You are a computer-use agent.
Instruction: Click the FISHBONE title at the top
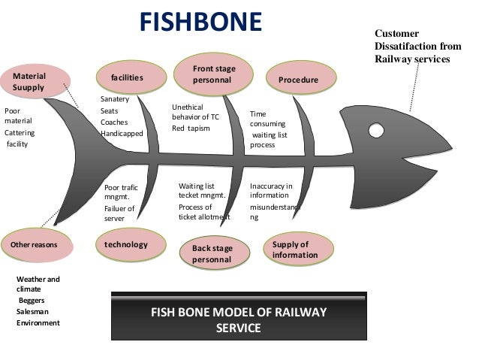(x=200, y=21)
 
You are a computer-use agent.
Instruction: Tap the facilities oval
(x=127, y=77)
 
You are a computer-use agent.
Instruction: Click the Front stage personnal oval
(x=213, y=74)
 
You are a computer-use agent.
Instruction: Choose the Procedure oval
(x=298, y=80)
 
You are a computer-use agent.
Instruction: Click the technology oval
(x=125, y=244)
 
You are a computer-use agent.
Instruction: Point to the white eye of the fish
(x=375, y=129)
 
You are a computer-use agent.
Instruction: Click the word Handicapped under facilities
(x=122, y=134)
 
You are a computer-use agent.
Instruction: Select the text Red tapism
(x=190, y=129)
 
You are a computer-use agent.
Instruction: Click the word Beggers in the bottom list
(x=32, y=300)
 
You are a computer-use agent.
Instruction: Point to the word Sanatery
(x=115, y=99)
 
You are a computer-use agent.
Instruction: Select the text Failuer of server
(x=119, y=213)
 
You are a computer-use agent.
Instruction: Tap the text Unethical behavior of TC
(x=197, y=112)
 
